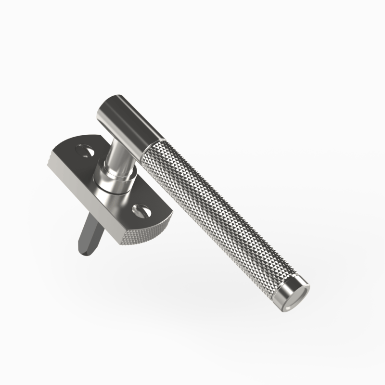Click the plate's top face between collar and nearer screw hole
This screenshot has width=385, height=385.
pyautogui.click(x=128, y=200)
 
